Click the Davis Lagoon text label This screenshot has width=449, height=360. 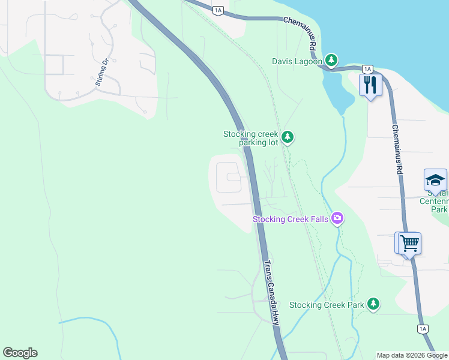tap(297, 61)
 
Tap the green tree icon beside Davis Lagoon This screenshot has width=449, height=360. tap(331, 60)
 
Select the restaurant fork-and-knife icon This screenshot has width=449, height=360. tap(370, 85)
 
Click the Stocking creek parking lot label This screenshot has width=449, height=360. tap(252, 138)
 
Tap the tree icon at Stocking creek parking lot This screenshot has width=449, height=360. tap(288, 137)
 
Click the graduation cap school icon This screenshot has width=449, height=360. tap(435, 181)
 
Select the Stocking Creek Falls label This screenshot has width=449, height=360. tap(291, 219)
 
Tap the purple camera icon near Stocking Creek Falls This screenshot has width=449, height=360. tap(337, 218)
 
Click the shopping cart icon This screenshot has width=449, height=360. tap(409, 243)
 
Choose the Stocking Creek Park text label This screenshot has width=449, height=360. tap(327, 305)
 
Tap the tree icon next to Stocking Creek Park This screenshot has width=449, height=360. tap(373, 304)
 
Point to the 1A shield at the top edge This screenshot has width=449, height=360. tap(218, 10)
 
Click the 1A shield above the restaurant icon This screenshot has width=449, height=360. tap(368, 69)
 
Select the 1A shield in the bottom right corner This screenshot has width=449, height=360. tap(423, 329)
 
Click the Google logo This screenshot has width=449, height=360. tap(20, 353)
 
